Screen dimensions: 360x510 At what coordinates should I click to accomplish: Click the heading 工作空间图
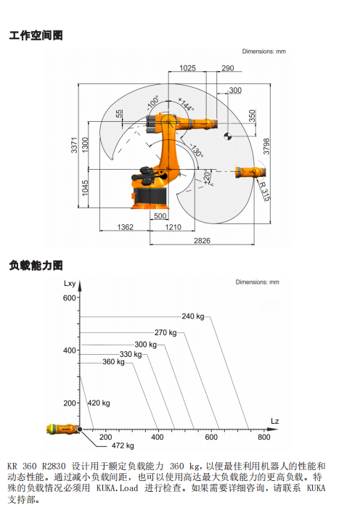point(36,35)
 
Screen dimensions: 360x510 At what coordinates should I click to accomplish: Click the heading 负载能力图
point(36,266)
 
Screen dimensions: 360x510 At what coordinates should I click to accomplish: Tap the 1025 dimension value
point(188,68)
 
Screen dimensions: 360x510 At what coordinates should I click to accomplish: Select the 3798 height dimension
point(266,147)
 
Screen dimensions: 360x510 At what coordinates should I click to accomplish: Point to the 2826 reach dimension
point(202,240)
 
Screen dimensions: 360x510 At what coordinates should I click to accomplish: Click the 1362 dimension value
point(126,226)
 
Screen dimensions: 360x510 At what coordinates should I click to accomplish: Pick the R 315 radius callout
point(265,191)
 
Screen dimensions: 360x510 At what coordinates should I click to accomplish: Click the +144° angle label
point(187,104)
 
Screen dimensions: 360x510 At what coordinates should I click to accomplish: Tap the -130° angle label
point(197,150)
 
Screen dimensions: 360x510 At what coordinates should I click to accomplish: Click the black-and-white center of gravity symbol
point(228,136)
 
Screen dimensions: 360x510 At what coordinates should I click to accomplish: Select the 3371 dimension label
point(74,145)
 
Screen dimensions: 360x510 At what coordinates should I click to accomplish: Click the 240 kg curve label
point(193,316)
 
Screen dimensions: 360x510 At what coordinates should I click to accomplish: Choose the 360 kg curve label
point(114,362)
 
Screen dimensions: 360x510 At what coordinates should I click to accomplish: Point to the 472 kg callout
point(123,445)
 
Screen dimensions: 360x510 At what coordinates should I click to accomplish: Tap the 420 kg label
point(99,403)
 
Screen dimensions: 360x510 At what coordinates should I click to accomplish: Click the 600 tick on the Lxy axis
point(70,297)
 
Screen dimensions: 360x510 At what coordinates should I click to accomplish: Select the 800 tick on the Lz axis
point(264,437)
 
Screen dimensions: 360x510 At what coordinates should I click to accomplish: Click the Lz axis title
point(275,421)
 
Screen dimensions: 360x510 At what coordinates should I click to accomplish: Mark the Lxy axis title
point(70,284)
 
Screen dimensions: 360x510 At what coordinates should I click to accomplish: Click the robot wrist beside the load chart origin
point(63,429)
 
